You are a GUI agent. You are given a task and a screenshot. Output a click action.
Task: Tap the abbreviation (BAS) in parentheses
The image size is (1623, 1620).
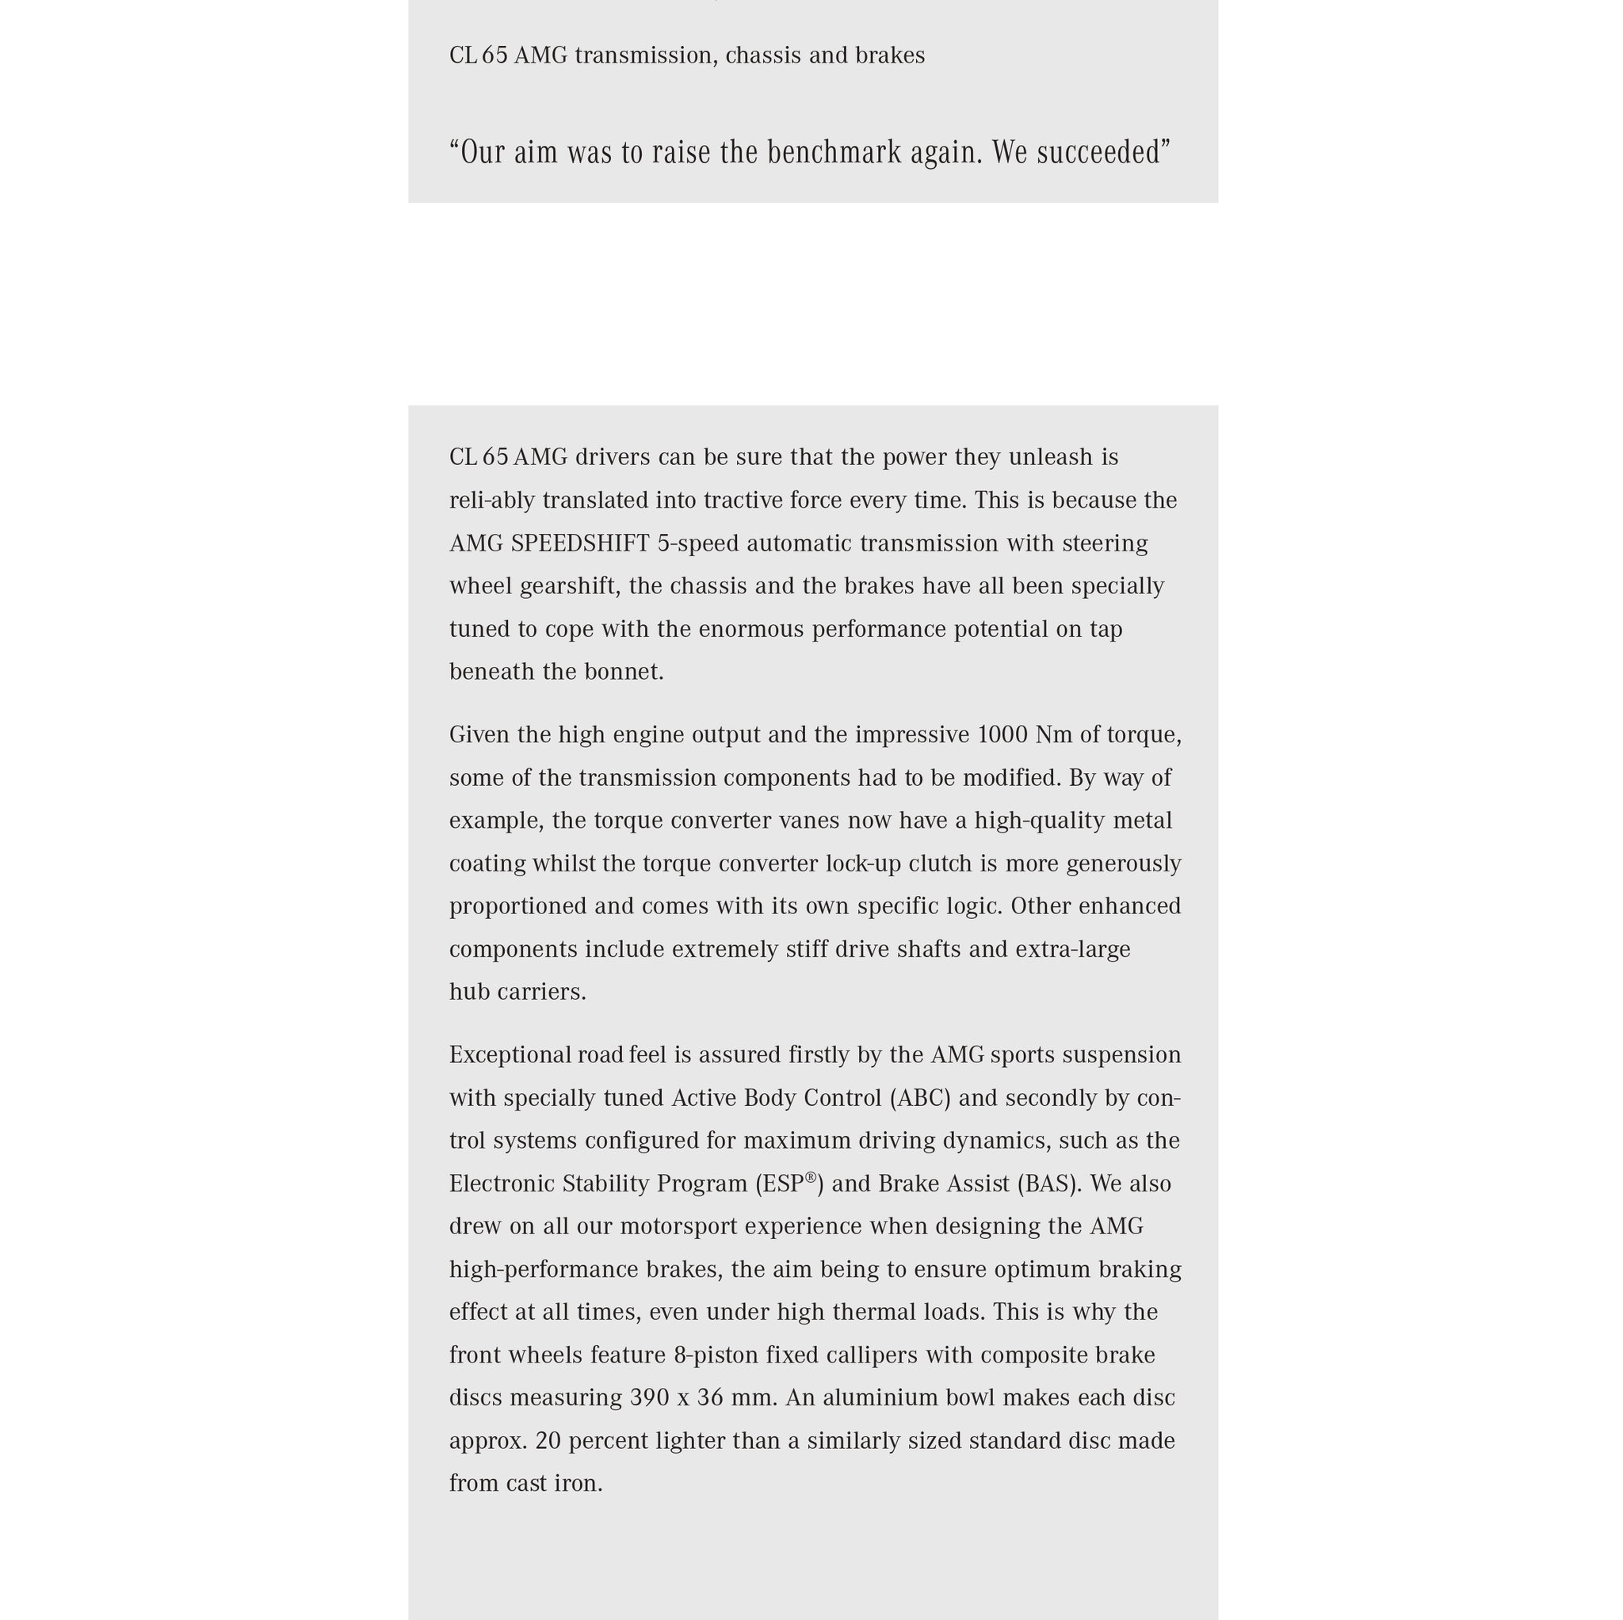[1049, 1184]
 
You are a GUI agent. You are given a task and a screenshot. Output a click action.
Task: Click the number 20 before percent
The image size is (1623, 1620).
[548, 1441]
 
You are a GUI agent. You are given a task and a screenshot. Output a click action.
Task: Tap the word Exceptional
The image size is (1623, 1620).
[510, 1056]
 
